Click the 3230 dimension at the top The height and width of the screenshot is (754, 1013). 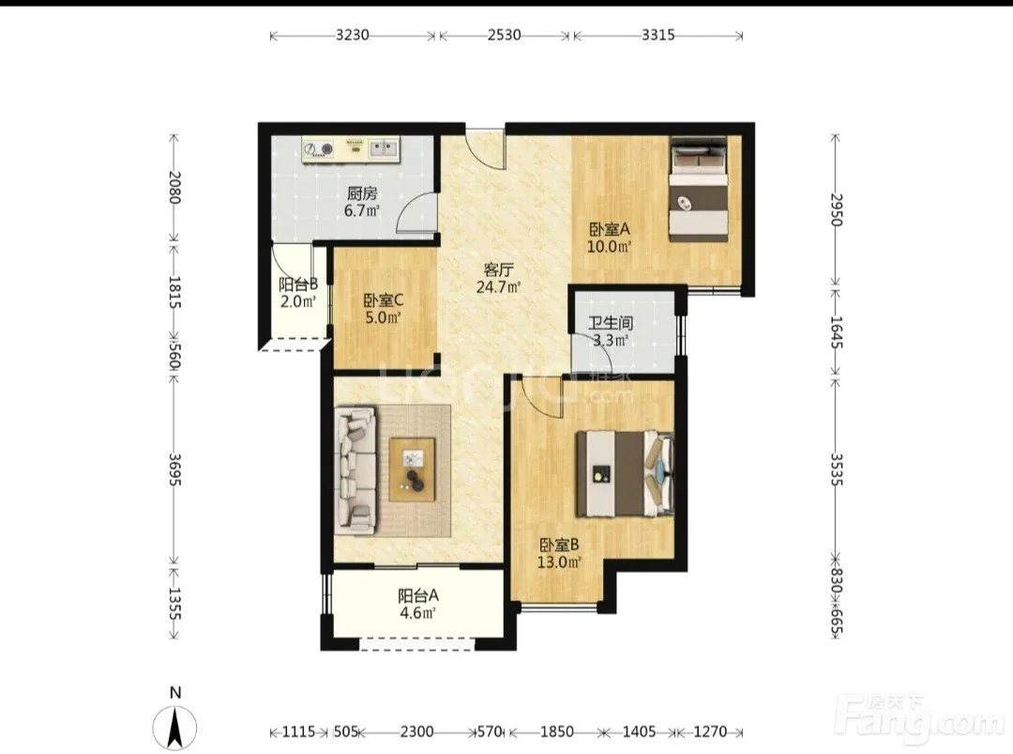click(352, 35)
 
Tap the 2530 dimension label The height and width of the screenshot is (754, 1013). click(504, 35)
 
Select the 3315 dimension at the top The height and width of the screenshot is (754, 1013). click(658, 35)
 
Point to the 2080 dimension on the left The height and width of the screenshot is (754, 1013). click(174, 187)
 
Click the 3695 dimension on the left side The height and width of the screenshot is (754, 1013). click(174, 469)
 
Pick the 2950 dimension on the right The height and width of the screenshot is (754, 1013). click(836, 209)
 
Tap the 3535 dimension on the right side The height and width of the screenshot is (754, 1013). click(836, 469)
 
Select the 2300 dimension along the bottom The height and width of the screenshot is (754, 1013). click(416, 732)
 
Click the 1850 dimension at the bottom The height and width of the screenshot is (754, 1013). click(557, 732)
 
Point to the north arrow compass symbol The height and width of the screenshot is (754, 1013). click(174, 727)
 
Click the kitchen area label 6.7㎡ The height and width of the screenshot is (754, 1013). click(361, 211)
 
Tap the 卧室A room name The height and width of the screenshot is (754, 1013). click(610, 229)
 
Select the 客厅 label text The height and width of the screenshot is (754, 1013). click(498, 269)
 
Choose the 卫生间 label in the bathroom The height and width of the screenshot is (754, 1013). click(610, 323)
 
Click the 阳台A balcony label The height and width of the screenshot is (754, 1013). click(418, 595)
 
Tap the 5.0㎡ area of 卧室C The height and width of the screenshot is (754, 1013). click(383, 317)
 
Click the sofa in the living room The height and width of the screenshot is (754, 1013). click(355, 470)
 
